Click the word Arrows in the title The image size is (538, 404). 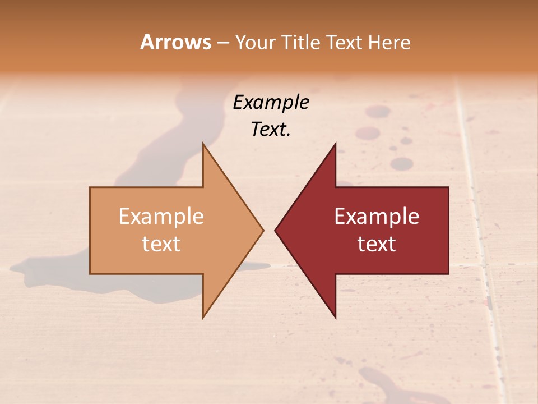[x=175, y=42]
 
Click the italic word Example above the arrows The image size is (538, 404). [x=271, y=103]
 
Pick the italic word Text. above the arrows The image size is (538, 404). [x=271, y=130]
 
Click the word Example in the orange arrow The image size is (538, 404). [x=161, y=217]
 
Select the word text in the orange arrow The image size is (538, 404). [x=161, y=244]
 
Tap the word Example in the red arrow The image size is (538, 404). [x=377, y=217]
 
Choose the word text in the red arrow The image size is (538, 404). [x=377, y=244]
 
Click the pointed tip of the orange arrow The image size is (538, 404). [x=263, y=230]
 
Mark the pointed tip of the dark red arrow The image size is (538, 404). [x=275, y=230]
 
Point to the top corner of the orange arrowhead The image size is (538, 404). [x=203, y=143]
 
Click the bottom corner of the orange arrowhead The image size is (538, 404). [x=203, y=318]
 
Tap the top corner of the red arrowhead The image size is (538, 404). [x=336, y=143]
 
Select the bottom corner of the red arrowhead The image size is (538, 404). [x=336, y=318]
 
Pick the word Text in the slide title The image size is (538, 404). [x=344, y=42]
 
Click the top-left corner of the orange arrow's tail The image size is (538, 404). [x=90, y=187]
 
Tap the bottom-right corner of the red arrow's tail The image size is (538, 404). [x=448, y=273]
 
